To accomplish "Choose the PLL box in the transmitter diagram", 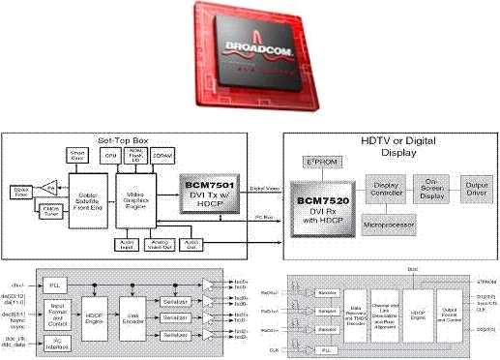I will [54, 285].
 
